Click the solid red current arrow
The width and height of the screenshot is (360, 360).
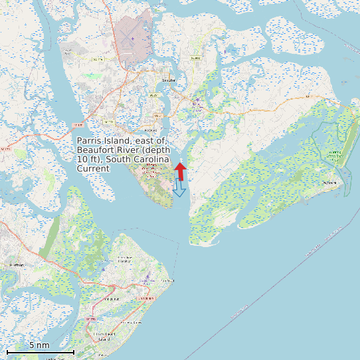(180, 171)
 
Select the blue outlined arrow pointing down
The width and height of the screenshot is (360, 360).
(179, 189)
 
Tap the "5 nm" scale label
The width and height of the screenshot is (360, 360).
(39, 345)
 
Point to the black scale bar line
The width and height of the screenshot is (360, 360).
(40, 352)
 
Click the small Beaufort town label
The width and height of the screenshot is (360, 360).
(169, 80)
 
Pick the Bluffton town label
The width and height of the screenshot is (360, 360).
(17, 265)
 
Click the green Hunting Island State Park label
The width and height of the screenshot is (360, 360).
(335, 153)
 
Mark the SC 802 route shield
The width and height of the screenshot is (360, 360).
(195, 58)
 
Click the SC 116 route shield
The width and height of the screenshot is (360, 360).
(98, 59)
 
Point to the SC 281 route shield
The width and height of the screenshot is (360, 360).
(157, 116)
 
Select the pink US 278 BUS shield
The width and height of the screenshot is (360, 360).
(147, 299)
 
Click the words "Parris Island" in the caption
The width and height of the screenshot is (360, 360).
(103, 141)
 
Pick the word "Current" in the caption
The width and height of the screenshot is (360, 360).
(93, 169)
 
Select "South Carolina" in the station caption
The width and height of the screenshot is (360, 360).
(141, 160)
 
